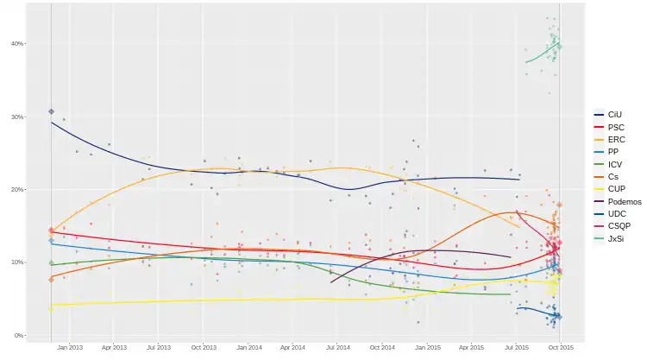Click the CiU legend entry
(x=614, y=114)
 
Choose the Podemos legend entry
(x=622, y=200)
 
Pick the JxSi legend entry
(x=615, y=237)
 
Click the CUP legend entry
(x=615, y=188)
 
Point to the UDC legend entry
(x=615, y=213)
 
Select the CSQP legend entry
(x=619, y=225)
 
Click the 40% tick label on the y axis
(x=17, y=44)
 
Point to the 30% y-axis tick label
(x=17, y=117)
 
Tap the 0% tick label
(x=19, y=336)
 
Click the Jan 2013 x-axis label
(x=69, y=347)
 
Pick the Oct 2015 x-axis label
(x=561, y=347)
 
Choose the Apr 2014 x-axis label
(x=292, y=347)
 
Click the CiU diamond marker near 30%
(x=52, y=111)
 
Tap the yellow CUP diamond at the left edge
(x=52, y=308)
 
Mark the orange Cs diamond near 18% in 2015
(x=560, y=205)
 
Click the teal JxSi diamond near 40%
(x=559, y=45)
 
